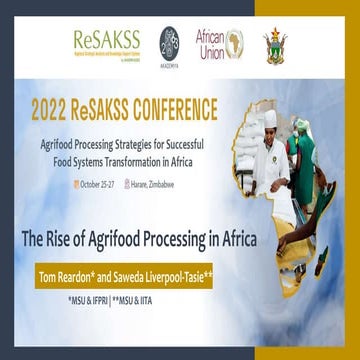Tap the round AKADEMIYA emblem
pyautogui.click(x=171, y=42)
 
